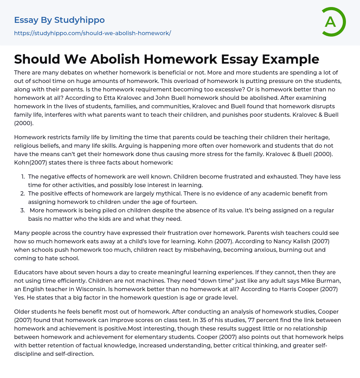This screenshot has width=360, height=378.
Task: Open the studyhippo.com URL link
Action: point(92,33)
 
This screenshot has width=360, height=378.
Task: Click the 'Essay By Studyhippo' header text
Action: point(59,20)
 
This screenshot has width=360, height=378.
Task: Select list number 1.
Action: point(23,177)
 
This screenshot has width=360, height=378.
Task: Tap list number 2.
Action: point(22,193)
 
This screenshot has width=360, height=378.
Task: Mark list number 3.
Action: point(22,210)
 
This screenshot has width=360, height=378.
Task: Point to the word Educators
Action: point(29,272)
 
